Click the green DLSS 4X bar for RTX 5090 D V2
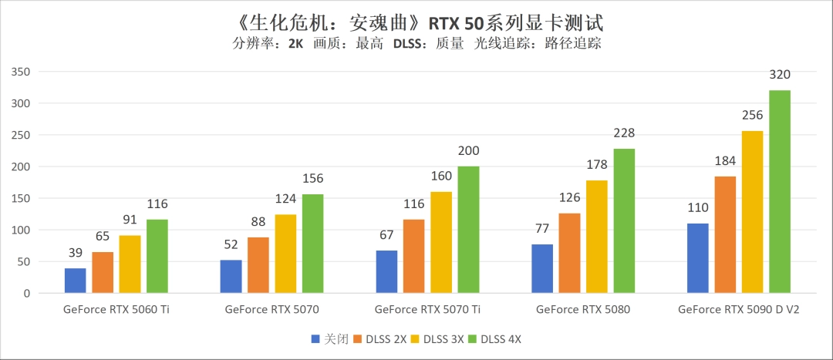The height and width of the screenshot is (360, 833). pos(780,192)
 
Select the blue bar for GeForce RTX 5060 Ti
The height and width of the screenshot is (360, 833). pos(76,281)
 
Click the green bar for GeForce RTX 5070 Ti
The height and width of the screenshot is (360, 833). pos(468,230)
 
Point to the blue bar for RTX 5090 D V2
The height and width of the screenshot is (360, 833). pos(697,258)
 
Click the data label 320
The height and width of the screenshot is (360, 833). pos(780,75)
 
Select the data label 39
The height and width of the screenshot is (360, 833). pos(76,254)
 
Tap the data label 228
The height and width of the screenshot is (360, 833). pos(625,133)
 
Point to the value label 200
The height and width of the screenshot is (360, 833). pos(468,151)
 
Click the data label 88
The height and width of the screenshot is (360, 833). pos(258,223)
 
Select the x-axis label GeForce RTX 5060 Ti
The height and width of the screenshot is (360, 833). pos(116,310)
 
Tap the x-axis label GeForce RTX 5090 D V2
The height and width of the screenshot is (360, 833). pos(739,310)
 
